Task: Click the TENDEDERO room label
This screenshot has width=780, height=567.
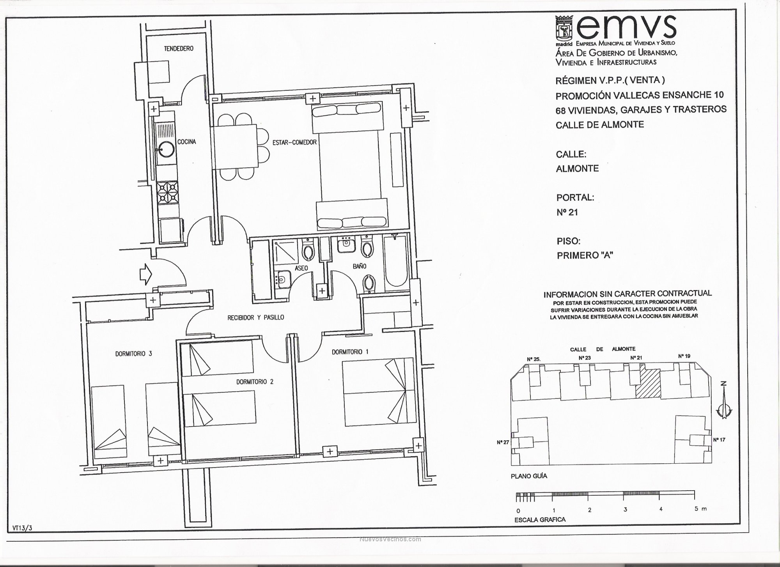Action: click(x=179, y=49)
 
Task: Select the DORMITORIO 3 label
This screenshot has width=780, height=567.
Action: click(x=133, y=354)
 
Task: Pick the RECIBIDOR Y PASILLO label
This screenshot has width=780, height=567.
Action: click(x=256, y=318)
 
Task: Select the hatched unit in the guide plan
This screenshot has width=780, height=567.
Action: click(x=648, y=384)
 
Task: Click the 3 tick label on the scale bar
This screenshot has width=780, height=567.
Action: click(x=625, y=510)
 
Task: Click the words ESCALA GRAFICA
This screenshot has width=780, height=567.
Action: click(x=540, y=520)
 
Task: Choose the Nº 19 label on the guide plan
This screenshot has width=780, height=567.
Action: click(x=684, y=356)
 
